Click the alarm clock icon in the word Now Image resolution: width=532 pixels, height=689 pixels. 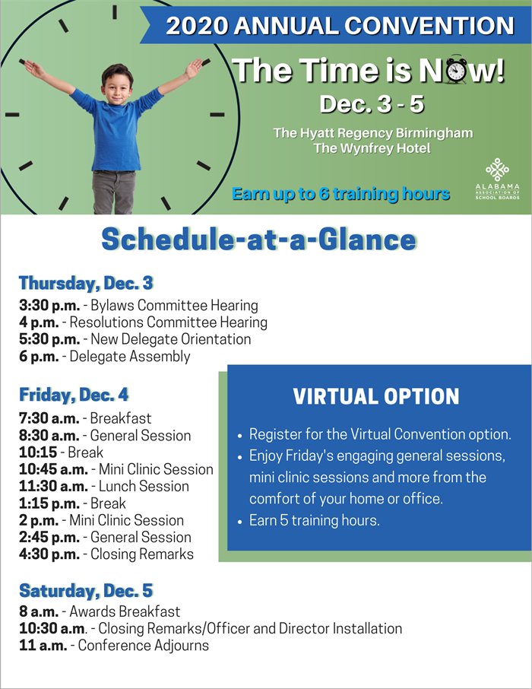pos(457,69)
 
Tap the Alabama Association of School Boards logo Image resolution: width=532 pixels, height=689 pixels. pos(497,179)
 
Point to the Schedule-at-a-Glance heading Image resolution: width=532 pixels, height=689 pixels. pos(258,240)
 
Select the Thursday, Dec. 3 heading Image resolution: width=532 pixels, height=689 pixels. pos(86,283)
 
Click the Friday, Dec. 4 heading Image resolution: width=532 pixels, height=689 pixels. pos(74,395)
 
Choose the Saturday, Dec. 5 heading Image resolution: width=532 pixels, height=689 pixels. pos(86,591)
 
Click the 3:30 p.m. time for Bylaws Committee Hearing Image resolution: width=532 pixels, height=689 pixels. pos(49,306)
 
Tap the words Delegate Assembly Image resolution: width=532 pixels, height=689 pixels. pos(130,357)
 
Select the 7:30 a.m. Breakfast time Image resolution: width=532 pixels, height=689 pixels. pos(49,418)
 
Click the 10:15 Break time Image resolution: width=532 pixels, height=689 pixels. pos(38,452)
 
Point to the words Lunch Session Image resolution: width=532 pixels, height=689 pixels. pos(144,487)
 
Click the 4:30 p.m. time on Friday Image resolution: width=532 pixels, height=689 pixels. pos(49,554)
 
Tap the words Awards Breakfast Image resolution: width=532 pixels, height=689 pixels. pos(125,611)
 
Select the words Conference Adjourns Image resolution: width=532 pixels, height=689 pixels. pos(143,646)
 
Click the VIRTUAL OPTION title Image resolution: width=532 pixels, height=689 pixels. pos(376,396)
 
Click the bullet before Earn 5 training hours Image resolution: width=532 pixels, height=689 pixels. pos(239,522)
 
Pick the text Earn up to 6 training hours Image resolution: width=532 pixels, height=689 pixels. pos(341,194)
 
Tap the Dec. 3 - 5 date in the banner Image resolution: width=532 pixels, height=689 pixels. pos(372,104)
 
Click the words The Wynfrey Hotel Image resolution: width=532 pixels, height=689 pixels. pos(372,148)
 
